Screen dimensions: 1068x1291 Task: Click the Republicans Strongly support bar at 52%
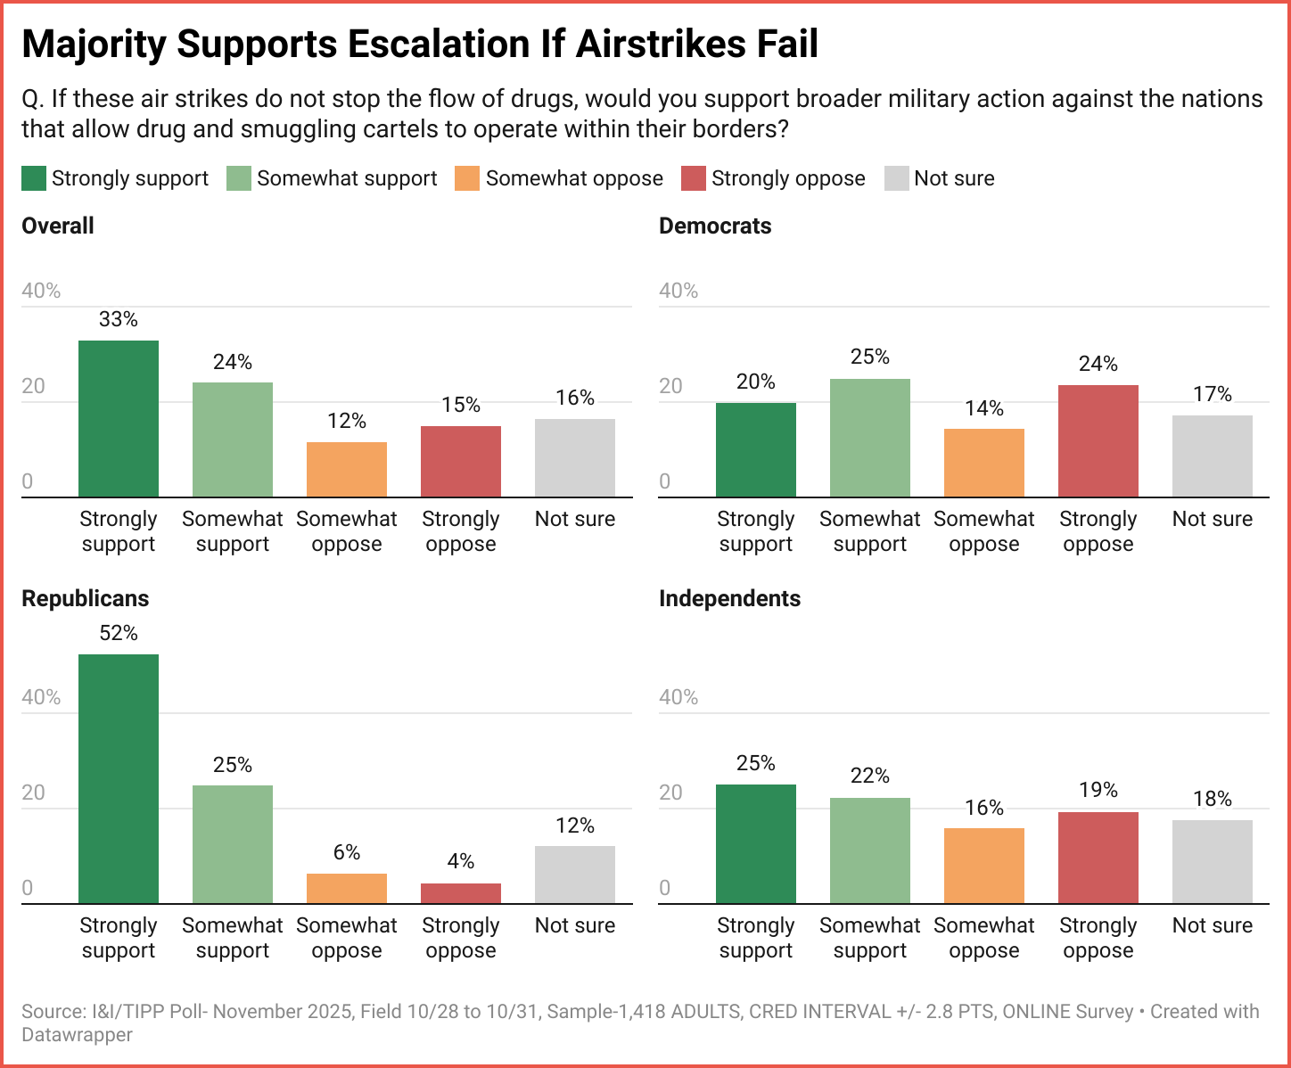[119, 778]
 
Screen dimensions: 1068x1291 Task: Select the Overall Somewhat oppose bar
[347, 470]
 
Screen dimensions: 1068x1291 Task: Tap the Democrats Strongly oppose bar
[1098, 441]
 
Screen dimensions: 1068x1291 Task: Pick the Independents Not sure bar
[1213, 861]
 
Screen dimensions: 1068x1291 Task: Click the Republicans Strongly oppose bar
[461, 893]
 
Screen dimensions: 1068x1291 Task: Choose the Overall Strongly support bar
[119, 419]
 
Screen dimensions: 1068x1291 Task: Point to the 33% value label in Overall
[119, 319]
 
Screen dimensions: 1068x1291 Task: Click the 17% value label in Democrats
[1213, 394]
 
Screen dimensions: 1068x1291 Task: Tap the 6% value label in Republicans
[347, 852]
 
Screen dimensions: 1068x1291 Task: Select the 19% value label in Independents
[1098, 790]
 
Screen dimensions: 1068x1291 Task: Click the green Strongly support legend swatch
[34, 178]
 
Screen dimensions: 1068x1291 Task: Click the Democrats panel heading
[715, 226]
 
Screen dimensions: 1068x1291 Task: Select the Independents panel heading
[729, 598]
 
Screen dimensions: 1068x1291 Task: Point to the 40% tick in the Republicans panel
[41, 697]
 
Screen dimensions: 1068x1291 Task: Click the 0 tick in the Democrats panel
[664, 481]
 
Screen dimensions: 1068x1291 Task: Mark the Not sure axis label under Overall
[575, 519]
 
